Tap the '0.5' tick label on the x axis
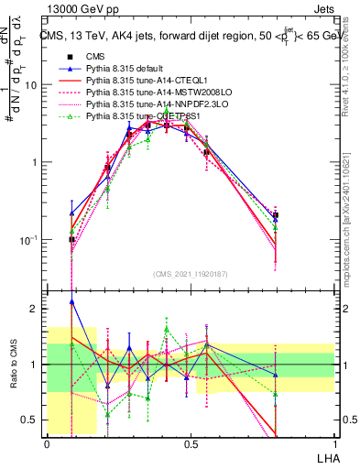point(191,443)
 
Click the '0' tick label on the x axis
point(47,443)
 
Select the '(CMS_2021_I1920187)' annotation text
point(191,274)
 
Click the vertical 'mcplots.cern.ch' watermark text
point(352,220)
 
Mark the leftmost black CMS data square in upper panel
point(71,239)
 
